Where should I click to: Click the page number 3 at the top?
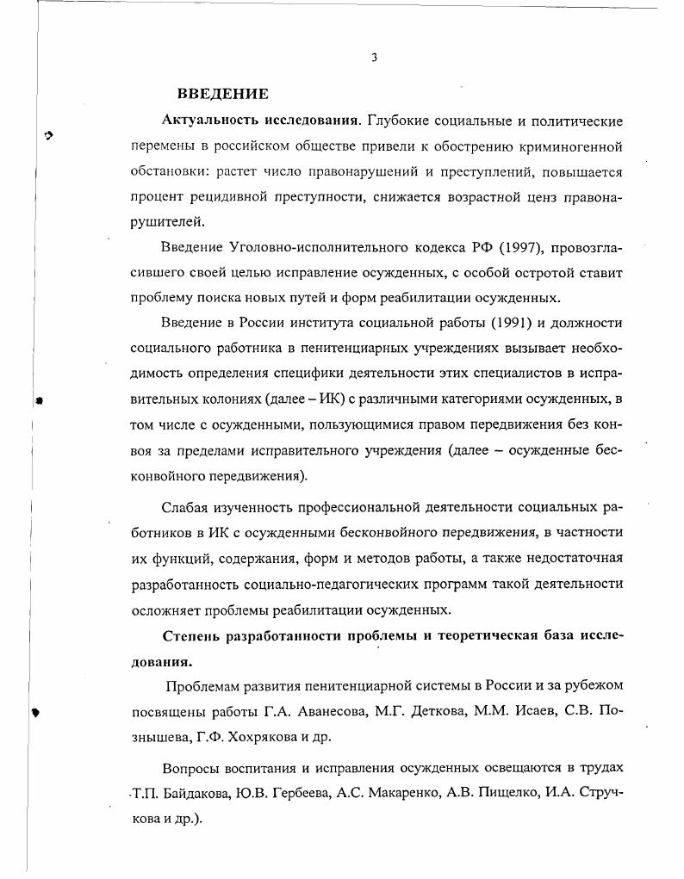(374, 58)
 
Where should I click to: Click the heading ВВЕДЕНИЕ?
(223, 94)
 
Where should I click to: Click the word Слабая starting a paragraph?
(184, 507)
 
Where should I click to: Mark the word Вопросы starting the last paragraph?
(190, 767)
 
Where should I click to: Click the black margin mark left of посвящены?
(35, 712)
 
